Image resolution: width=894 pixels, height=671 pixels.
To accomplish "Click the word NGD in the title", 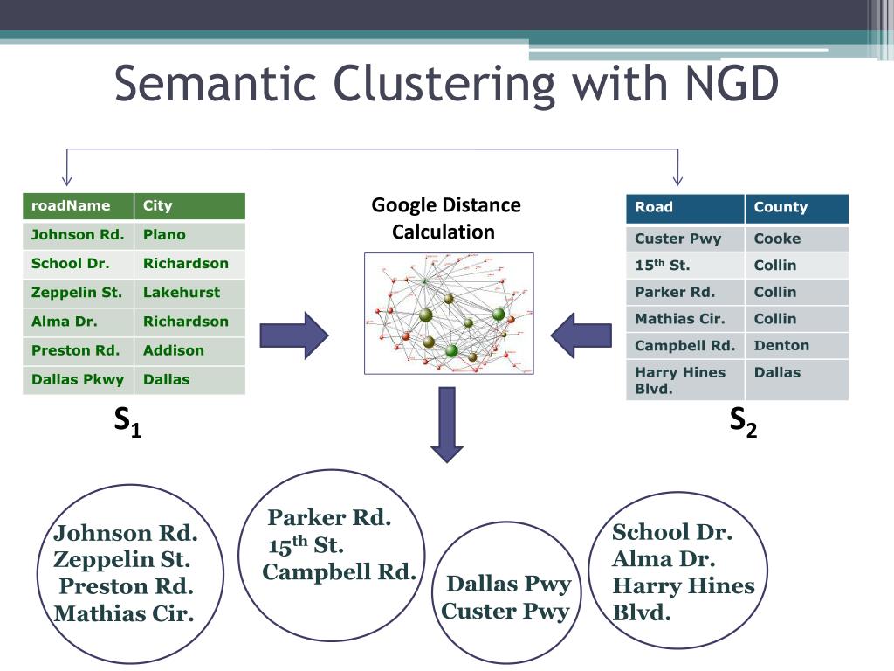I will pyautogui.click(x=719, y=85).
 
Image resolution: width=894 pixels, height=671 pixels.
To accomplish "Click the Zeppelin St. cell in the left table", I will pyautogui.click(x=77, y=293).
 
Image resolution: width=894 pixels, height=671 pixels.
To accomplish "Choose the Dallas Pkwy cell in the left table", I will pyautogui.click(x=78, y=379).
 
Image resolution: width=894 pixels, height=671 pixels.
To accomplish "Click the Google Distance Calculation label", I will pyautogui.click(x=445, y=218).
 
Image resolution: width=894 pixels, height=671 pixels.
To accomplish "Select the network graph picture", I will pyautogui.click(x=449, y=314).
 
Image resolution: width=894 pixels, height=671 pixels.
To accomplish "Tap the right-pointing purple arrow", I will pyautogui.click(x=294, y=335).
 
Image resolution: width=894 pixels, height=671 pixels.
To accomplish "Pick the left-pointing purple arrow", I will pyautogui.click(x=581, y=335).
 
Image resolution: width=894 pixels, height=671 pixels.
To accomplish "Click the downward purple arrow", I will pyautogui.click(x=448, y=424).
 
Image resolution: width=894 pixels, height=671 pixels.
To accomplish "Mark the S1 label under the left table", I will pyautogui.click(x=127, y=424).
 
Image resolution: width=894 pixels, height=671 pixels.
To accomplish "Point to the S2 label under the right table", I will pyautogui.click(x=743, y=422).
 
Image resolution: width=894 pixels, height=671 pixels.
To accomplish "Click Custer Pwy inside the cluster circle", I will pyautogui.click(x=505, y=611).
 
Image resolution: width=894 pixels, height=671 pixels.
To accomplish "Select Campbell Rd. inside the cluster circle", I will pyautogui.click(x=339, y=572).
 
